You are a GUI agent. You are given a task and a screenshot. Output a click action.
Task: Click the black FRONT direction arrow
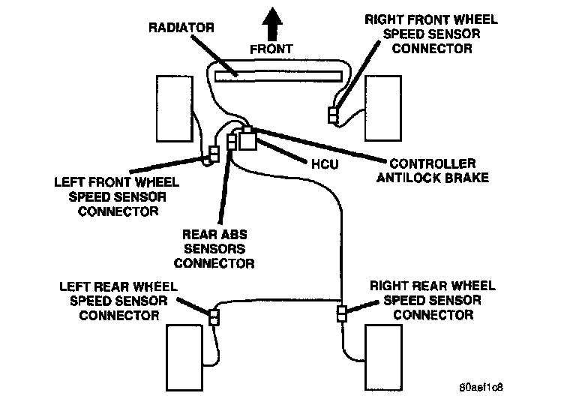272,24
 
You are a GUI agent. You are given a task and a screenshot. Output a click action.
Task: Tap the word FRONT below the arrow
271,49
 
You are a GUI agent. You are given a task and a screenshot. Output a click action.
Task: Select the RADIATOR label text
181,28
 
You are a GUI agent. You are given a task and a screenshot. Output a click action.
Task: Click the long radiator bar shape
278,76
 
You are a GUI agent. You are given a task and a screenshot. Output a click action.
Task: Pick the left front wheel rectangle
175,109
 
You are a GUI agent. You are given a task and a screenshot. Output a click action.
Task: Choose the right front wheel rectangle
383,108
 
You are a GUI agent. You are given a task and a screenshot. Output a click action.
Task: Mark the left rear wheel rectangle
184,358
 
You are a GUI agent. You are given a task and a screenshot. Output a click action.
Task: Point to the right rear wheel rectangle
383,357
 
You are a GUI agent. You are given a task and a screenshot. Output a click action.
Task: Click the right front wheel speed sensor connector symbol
333,115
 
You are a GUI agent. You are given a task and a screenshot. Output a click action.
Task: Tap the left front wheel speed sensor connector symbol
214,154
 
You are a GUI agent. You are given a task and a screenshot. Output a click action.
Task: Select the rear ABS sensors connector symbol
232,142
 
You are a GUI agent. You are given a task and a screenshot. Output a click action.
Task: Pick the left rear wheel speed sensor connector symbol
214,317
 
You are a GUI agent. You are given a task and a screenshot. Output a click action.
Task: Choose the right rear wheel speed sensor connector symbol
342,313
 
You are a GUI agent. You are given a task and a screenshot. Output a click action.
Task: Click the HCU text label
325,164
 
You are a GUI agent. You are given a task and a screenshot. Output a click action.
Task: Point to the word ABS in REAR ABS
234,235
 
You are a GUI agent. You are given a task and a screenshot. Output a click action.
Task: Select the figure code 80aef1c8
481,387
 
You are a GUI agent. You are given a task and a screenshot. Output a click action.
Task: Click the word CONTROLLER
433,163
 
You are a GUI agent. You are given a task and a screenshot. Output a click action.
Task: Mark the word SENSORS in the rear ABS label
214,249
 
